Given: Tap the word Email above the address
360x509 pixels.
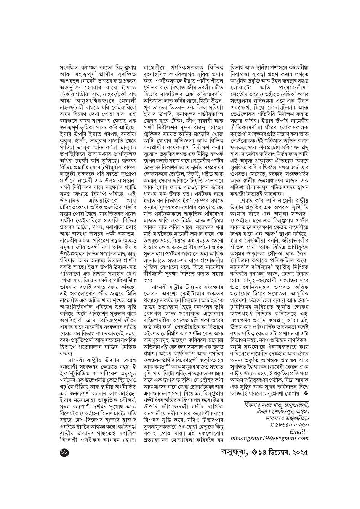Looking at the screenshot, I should coord(297,431).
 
